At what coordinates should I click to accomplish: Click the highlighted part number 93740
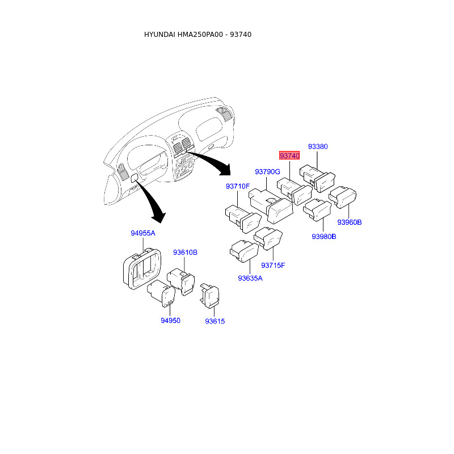click(x=289, y=155)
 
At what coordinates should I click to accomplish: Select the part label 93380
click(x=318, y=146)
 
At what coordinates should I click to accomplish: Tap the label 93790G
click(x=267, y=171)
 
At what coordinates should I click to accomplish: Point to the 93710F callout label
click(x=238, y=186)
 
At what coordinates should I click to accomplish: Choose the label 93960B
click(x=350, y=222)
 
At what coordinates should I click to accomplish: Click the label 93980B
click(x=324, y=237)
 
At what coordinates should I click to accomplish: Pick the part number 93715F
click(x=273, y=265)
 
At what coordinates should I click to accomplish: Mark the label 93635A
click(x=250, y=278)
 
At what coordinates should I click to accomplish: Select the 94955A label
click(x=143, y=233)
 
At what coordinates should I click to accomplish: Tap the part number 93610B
click(x=186, y=252)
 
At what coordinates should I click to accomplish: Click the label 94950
click(x=170, y=321)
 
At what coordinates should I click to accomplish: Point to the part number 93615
click(x=215, y=321)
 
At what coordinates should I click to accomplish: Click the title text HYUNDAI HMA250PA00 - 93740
click(x=197, y=35)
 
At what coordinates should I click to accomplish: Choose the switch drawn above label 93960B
click(x=344, y=196)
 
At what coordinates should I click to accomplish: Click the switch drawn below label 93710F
click(x=242, y=217)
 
